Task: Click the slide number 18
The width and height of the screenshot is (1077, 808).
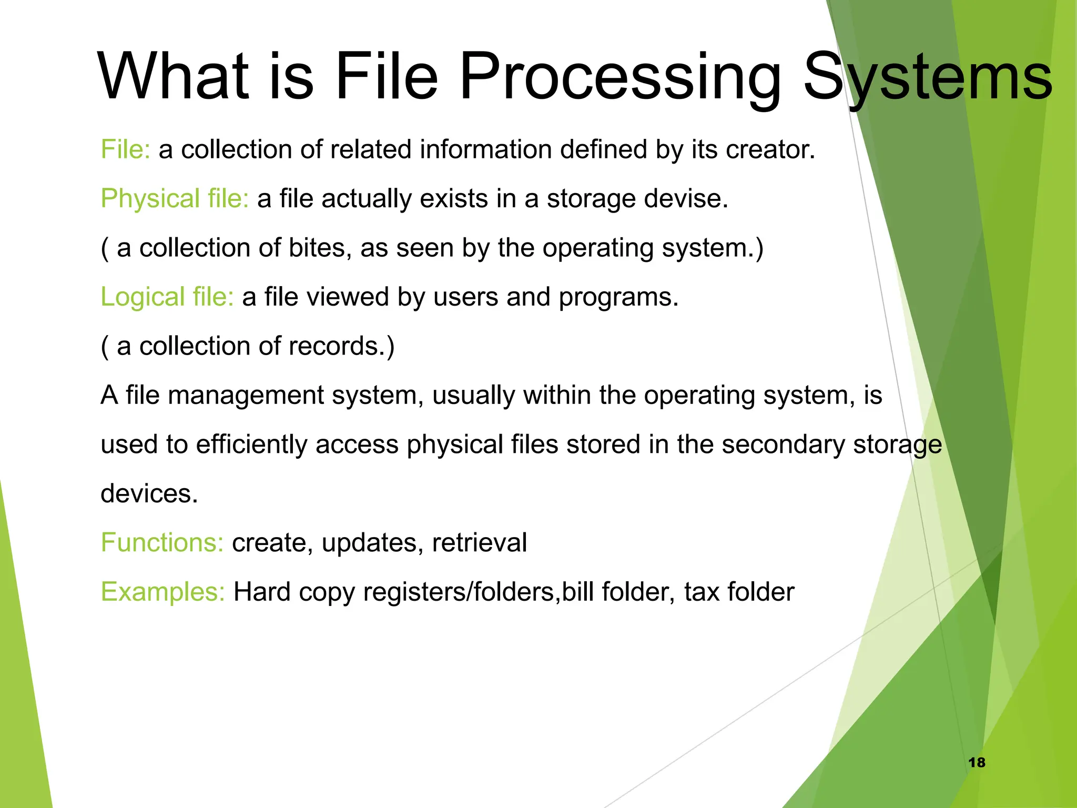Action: point(977,762)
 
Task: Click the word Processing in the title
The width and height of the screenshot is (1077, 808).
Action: point(620,76)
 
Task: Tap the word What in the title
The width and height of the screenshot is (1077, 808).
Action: point(174,76)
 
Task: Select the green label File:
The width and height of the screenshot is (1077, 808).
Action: point(126,149)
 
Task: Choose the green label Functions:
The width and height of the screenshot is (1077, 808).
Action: point(162,543)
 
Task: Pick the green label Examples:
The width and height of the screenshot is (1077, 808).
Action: point(163,592)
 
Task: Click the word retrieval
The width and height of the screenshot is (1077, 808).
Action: point(479,543)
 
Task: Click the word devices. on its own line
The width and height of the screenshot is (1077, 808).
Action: point(149,493)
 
